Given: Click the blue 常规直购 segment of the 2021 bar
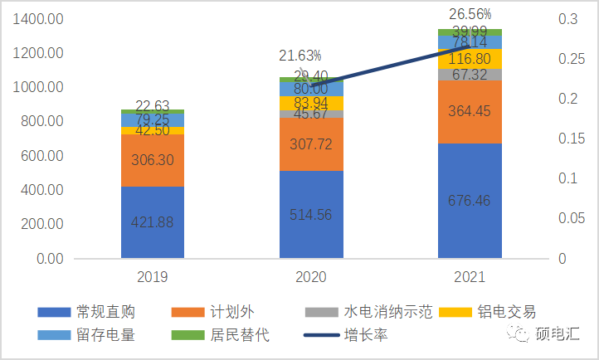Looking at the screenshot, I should tap(470, 200).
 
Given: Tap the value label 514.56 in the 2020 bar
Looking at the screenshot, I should tap(311, 215).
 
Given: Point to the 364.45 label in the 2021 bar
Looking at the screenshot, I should tap(470, 112).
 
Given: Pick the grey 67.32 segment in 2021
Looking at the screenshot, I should tap(470, 75).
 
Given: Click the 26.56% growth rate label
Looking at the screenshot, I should tap(470, 14).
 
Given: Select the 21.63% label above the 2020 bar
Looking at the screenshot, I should tap(300, 56).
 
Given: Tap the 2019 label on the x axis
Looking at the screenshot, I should tap(153, 276).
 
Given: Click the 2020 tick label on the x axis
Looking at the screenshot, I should tap(311, 276).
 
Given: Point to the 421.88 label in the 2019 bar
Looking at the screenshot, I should tap(153, 221).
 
